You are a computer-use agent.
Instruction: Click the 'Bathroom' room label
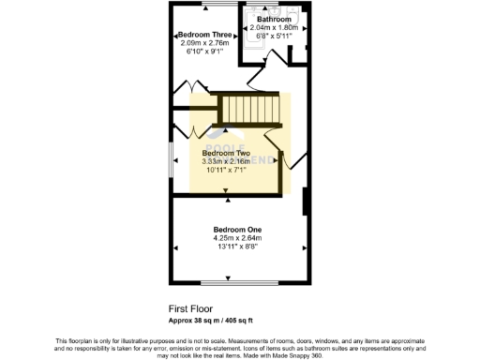(274, 19)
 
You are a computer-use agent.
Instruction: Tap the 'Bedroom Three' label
(204, 35)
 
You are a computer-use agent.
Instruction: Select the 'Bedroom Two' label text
(226, 153)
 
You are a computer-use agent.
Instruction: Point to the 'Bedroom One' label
(237, 230)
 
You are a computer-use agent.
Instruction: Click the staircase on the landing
(250, 111)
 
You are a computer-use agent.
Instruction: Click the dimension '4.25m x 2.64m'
(237, 239)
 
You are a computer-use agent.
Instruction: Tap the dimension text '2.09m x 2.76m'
(204, 43)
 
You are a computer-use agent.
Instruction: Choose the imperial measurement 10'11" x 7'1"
(226, 170)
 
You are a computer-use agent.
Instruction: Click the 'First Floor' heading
(190, 307)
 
